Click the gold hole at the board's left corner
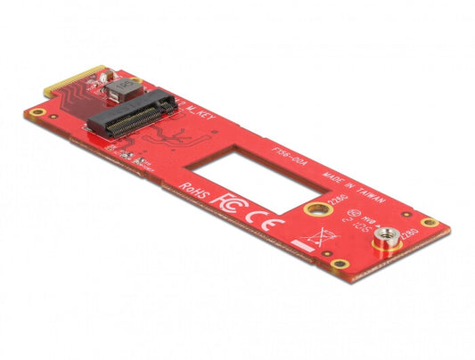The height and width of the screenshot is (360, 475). click(37, 113)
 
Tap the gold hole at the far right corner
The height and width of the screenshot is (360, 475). click(430, 223)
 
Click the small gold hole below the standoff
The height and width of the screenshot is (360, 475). click(339, 264)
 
